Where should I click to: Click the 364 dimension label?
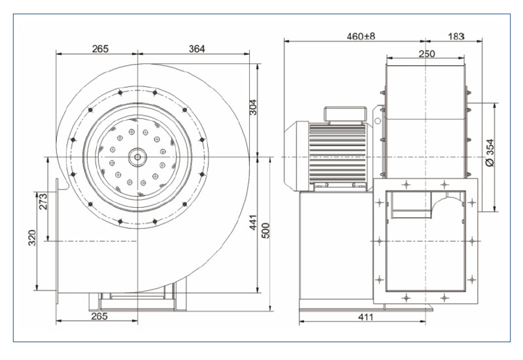pos(197,49)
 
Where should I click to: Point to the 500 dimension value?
pos(267,231)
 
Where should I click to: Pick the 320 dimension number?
pos(32,240)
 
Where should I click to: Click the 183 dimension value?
pos(456,37)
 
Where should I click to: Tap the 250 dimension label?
pos(426,54)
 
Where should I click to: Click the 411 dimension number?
pos(365,318)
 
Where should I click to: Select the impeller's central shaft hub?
pos(137,156)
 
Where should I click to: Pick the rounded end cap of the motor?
pos(293,156)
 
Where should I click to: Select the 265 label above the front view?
pos(100,49)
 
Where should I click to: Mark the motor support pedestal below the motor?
pos(333,248)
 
